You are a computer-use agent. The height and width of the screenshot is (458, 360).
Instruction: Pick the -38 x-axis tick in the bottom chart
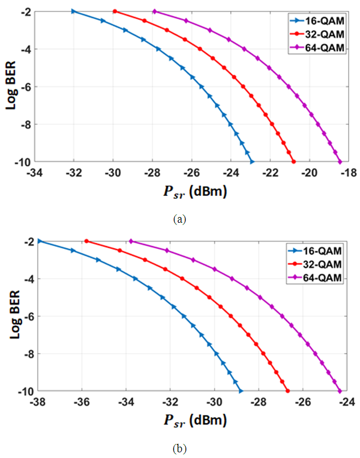tap(38, 402)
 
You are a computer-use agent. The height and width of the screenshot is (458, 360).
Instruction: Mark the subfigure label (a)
tap(181, 219)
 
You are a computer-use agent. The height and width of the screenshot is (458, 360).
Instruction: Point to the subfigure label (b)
tap(181, 448)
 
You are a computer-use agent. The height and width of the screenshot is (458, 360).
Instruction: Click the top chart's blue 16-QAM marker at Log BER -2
tap(73, 11)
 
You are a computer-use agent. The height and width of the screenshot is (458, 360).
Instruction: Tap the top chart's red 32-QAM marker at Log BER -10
tap(294, 162)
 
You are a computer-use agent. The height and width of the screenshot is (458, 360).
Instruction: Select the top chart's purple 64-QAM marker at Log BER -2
tap(155, 11)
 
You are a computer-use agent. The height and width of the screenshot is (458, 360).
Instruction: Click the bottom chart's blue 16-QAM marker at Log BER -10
tap(241, 391)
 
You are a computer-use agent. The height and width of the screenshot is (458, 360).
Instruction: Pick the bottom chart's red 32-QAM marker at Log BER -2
tap(87, 241)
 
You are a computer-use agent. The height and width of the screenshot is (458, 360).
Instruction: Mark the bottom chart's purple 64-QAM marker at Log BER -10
tap(340, 391)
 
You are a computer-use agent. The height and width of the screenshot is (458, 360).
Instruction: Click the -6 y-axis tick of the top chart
tap(26, 87)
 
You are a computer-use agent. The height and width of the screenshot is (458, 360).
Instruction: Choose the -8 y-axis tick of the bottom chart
tap(26, 354)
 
